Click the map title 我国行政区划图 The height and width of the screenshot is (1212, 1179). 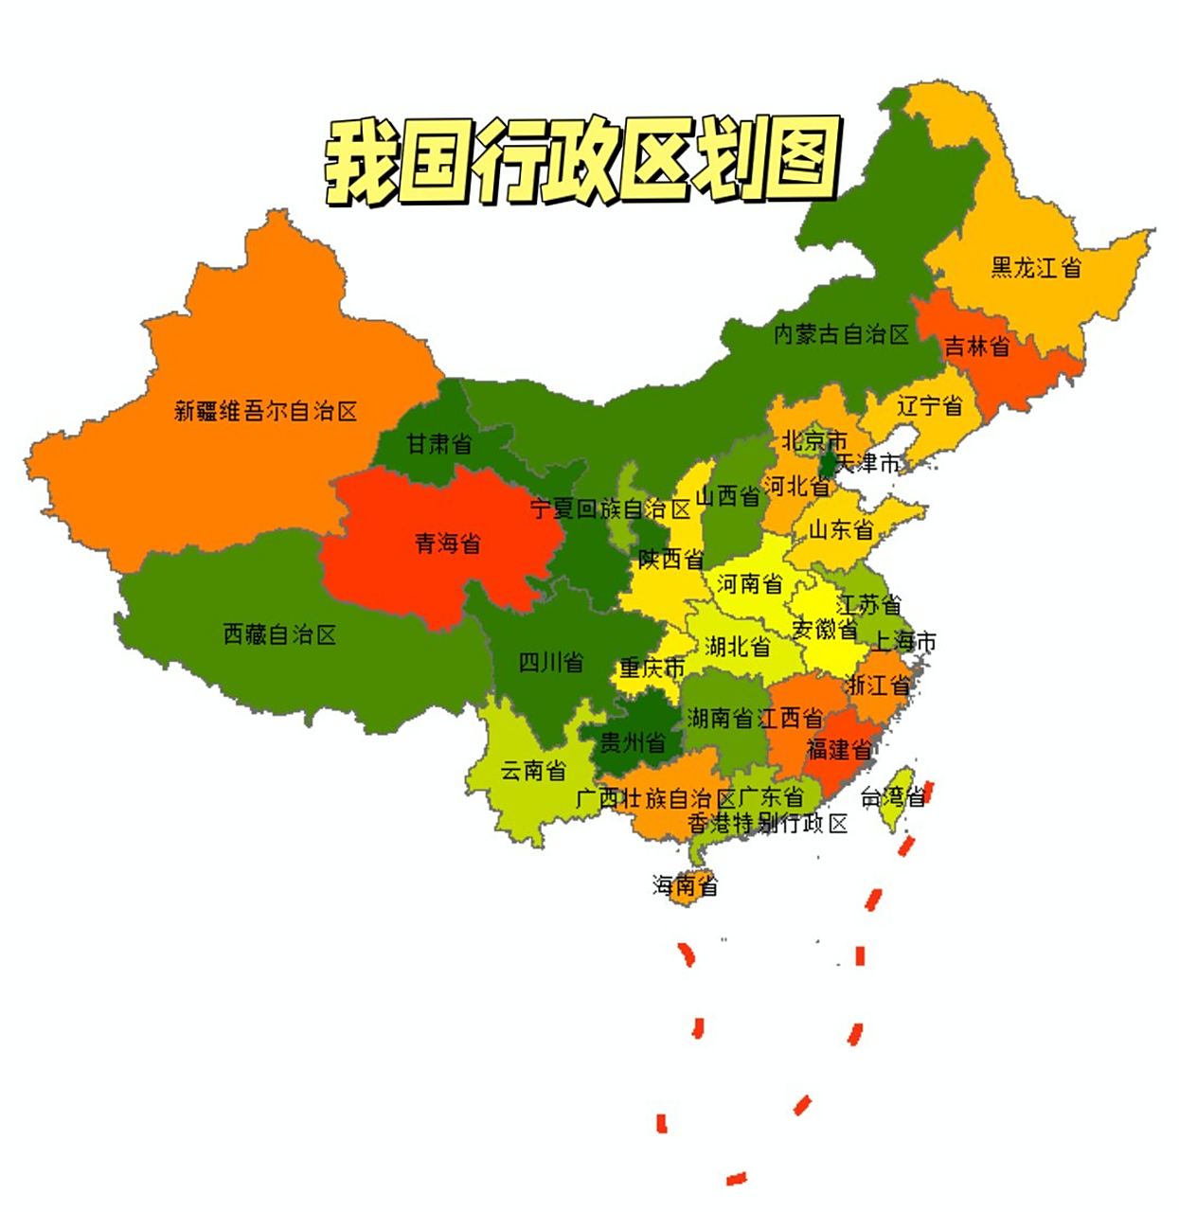pyautogui.click(x=581, y=161)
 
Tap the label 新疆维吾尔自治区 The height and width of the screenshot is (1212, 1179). pyautogui.click(x=265, y=411)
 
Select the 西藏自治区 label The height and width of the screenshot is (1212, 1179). pyautogui.click(x=279, y=633)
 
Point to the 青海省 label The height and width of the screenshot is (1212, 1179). pyautogui.click(x=447, y=543)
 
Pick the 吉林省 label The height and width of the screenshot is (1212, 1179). pyautogui.click(x=976, y=346)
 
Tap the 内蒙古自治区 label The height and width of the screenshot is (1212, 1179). pyautogui.click(x=841, y=333)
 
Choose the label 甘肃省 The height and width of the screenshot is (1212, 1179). pyautogui.click(x=438, y=442)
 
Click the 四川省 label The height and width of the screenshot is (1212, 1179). pyautogui.click(x=550, y=662)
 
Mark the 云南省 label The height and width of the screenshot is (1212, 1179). pyautogui.click(x=532, y=770)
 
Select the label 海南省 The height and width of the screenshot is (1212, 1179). pyautogui.click(x=685, y=885)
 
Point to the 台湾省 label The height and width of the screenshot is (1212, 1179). pyautogui.click(x=892, y=797)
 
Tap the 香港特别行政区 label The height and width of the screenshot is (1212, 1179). pyautogui.click(x=767, y=823)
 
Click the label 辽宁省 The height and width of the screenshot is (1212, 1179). pyautogui.click(x=929, y=405)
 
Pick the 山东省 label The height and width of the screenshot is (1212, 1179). pyautogui.click(x=840, y=528)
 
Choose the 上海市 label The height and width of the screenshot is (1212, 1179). pyautogui.click(x=903, y=641)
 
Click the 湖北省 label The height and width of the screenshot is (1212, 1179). pyautogui.click(x=737, y=646)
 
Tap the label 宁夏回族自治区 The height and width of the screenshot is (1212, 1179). pyautogui.click(x=610, y=508)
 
